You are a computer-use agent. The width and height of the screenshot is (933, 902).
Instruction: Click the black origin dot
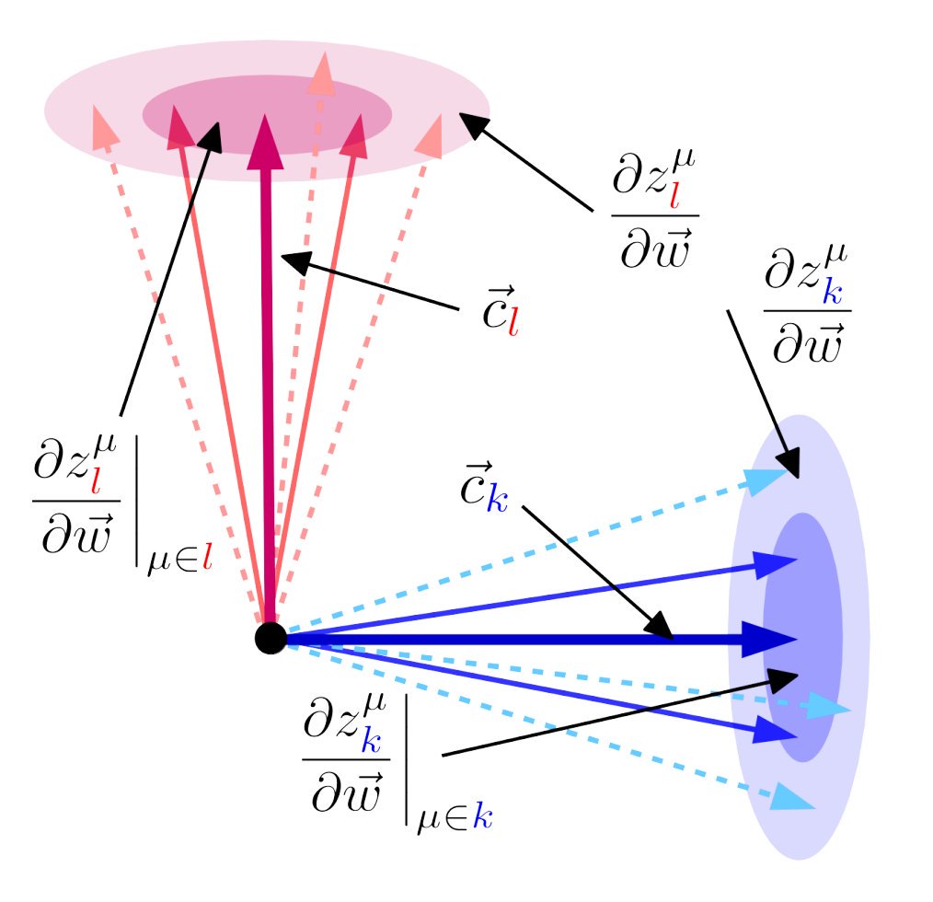270,638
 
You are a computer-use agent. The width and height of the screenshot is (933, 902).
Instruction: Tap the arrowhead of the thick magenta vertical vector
267,140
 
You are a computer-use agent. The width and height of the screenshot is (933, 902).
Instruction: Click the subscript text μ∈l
179,558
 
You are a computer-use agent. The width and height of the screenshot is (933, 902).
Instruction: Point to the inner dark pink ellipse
267,113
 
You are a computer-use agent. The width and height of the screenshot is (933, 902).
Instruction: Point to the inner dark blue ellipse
802,635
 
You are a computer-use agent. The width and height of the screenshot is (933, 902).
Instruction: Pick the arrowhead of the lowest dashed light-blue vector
796,796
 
